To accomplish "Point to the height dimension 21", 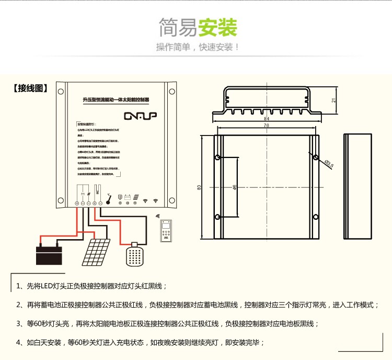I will tap(333, 100).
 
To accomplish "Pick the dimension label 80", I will tap(199, 187).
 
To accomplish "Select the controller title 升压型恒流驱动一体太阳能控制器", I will tap(116, 98).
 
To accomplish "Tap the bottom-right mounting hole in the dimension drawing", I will tap(315, 217).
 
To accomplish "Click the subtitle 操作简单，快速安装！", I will tap(198, 47).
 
